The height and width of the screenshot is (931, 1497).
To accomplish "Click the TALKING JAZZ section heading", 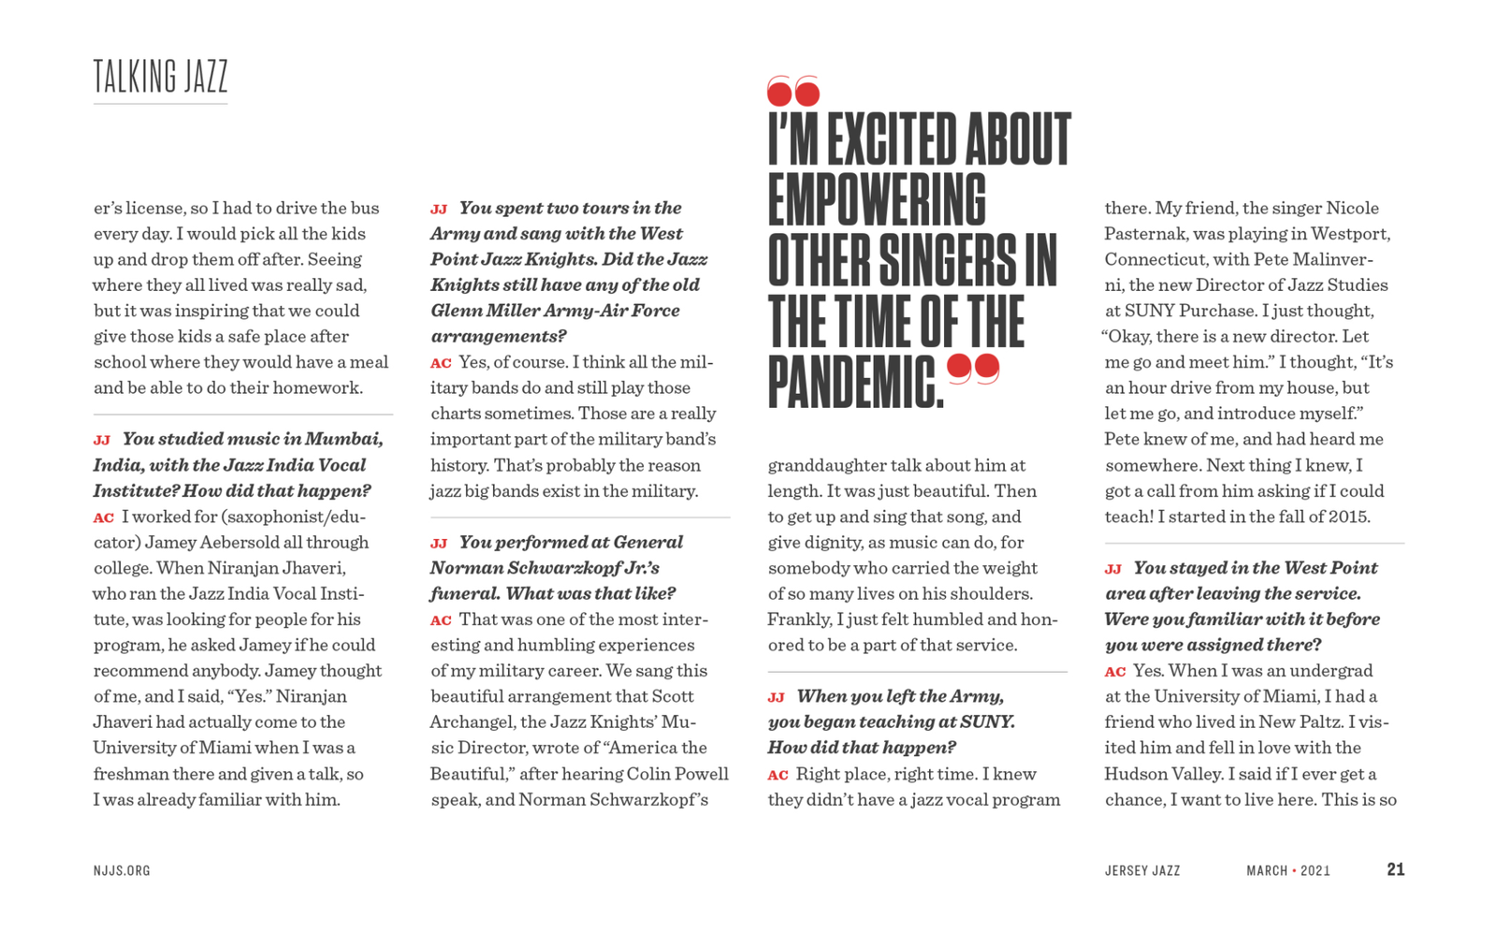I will coord(160,77).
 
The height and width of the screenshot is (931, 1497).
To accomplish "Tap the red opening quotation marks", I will coord(792,91).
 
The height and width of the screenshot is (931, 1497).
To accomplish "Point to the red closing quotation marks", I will coord(973,369).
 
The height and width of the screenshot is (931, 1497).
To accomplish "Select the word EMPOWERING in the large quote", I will coord(877,200).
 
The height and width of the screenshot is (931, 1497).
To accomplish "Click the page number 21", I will coord(1395,869).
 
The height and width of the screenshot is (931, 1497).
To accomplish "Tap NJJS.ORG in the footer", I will coord(122,870).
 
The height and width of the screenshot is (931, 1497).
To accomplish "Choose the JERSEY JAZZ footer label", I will coord(1141,870).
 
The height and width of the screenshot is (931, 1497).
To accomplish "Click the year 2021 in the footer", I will coord(1315,870).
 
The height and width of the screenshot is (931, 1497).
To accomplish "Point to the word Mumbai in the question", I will coord(343,439).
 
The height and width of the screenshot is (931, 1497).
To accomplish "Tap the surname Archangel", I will coord(471,721).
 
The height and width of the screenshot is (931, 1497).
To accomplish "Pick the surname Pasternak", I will coord(1146,233).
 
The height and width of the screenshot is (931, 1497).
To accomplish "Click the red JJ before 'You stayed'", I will coord(1112,569).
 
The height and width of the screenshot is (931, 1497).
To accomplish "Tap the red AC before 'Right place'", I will coord(778,775).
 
